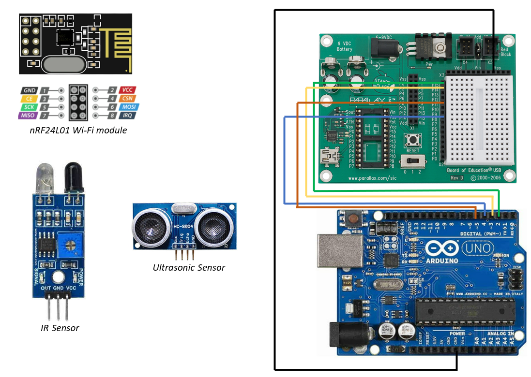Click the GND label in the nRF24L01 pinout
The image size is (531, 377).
(29, 90)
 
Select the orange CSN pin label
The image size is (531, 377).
(128, 99)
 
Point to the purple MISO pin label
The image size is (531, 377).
(27, 116)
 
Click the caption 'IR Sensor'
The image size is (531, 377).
(60, 328)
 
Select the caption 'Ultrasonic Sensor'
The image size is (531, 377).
(189, 267)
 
